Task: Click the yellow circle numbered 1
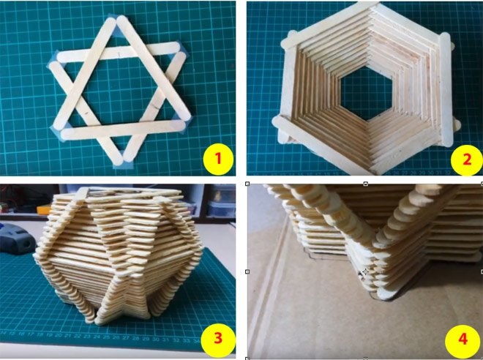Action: (x=218, y=159)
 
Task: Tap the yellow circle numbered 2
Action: (x=467, y=160)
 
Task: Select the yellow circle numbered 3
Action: (x=218, y=338)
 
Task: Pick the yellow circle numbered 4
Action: (x=463, y=339)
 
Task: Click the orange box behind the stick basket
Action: (x=44, y=210)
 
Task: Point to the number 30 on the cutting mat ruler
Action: (x=155, y=339)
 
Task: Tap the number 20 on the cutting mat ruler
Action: (x=59, y=335)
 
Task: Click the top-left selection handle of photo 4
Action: (x=247, y=184)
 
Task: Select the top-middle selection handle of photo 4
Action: (x=365, y=184)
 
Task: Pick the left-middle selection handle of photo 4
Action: (x=247, y=271)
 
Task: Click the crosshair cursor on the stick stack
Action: (x=365, y=271)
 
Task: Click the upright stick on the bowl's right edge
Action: (x=445, y=89)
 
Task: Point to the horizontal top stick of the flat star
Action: (x=119, y=53)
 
